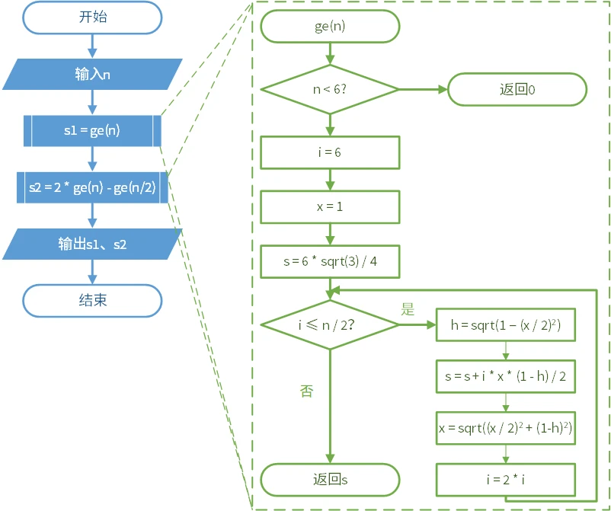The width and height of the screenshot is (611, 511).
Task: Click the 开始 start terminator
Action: point(92,18)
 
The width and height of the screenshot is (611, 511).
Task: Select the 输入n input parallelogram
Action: point(92,74)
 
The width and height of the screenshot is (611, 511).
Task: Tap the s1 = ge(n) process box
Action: point(92,130)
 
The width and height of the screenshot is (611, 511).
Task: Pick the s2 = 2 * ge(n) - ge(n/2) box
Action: point(92,187)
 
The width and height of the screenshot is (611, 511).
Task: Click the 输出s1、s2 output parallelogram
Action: point(92,244)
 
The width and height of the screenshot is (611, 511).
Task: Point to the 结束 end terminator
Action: point(92,300)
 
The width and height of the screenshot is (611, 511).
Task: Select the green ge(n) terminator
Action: point(330,27)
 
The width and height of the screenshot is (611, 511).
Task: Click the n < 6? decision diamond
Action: point(330,89)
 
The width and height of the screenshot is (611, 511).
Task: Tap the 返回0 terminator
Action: point(517,89)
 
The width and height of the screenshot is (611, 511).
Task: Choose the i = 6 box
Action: point(330,152)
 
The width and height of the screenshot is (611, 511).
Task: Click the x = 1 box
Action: point(330,206)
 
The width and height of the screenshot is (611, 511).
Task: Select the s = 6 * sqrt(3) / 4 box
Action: point(330,261)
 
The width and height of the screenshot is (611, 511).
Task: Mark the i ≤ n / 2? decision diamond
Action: point(330,324)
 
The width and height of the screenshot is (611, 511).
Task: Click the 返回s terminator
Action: point(330,480)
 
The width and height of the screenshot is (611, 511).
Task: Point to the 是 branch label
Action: point(408,309)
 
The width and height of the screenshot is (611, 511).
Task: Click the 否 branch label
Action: point(306,391)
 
